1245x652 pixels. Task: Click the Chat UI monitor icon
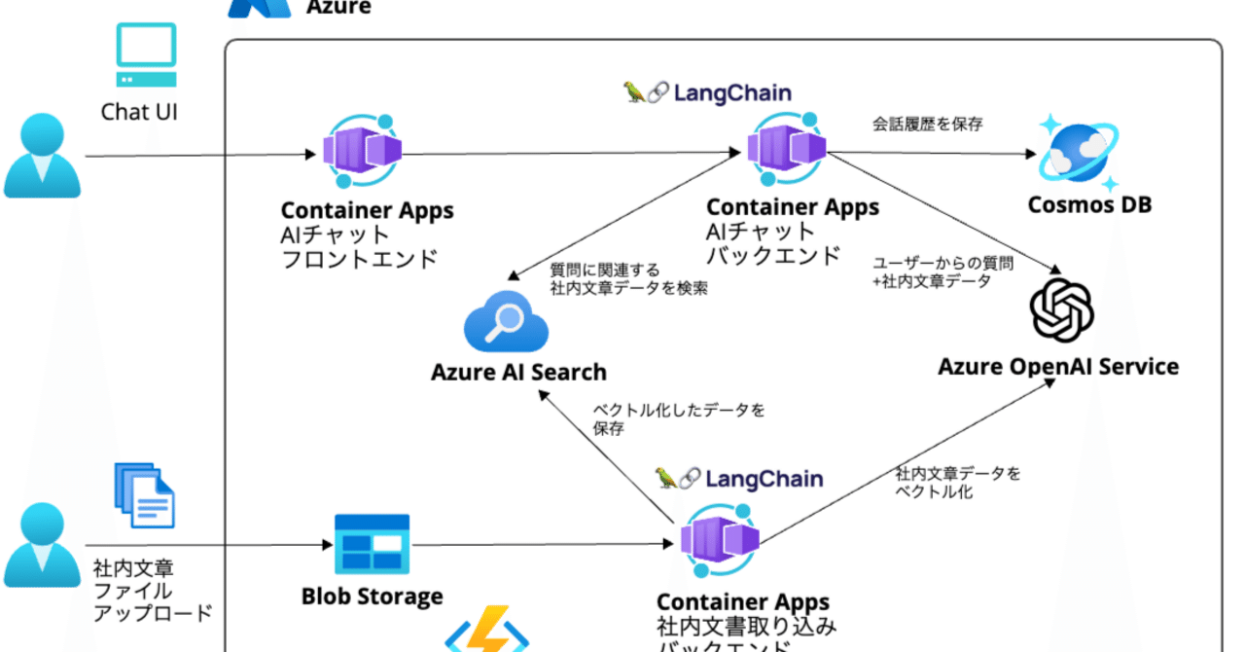tap(147, 55)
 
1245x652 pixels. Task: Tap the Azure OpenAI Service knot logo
tap(1061, 310)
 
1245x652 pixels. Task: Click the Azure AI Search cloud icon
tap(507, 322)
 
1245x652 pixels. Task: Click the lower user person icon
tap(42, 545)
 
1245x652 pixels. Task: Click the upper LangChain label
tap(707, 92)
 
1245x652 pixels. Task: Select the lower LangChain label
tap(739, 478)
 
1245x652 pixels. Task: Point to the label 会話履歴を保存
tap(928, 124)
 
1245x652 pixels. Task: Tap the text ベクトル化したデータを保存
tap(678, 418)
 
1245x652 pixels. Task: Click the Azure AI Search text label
tap(518, 372)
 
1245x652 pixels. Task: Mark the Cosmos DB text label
tap(1089, 205)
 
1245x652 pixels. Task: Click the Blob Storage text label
tap(372, 596)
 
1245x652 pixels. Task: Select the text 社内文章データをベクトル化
tap(958, 482)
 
